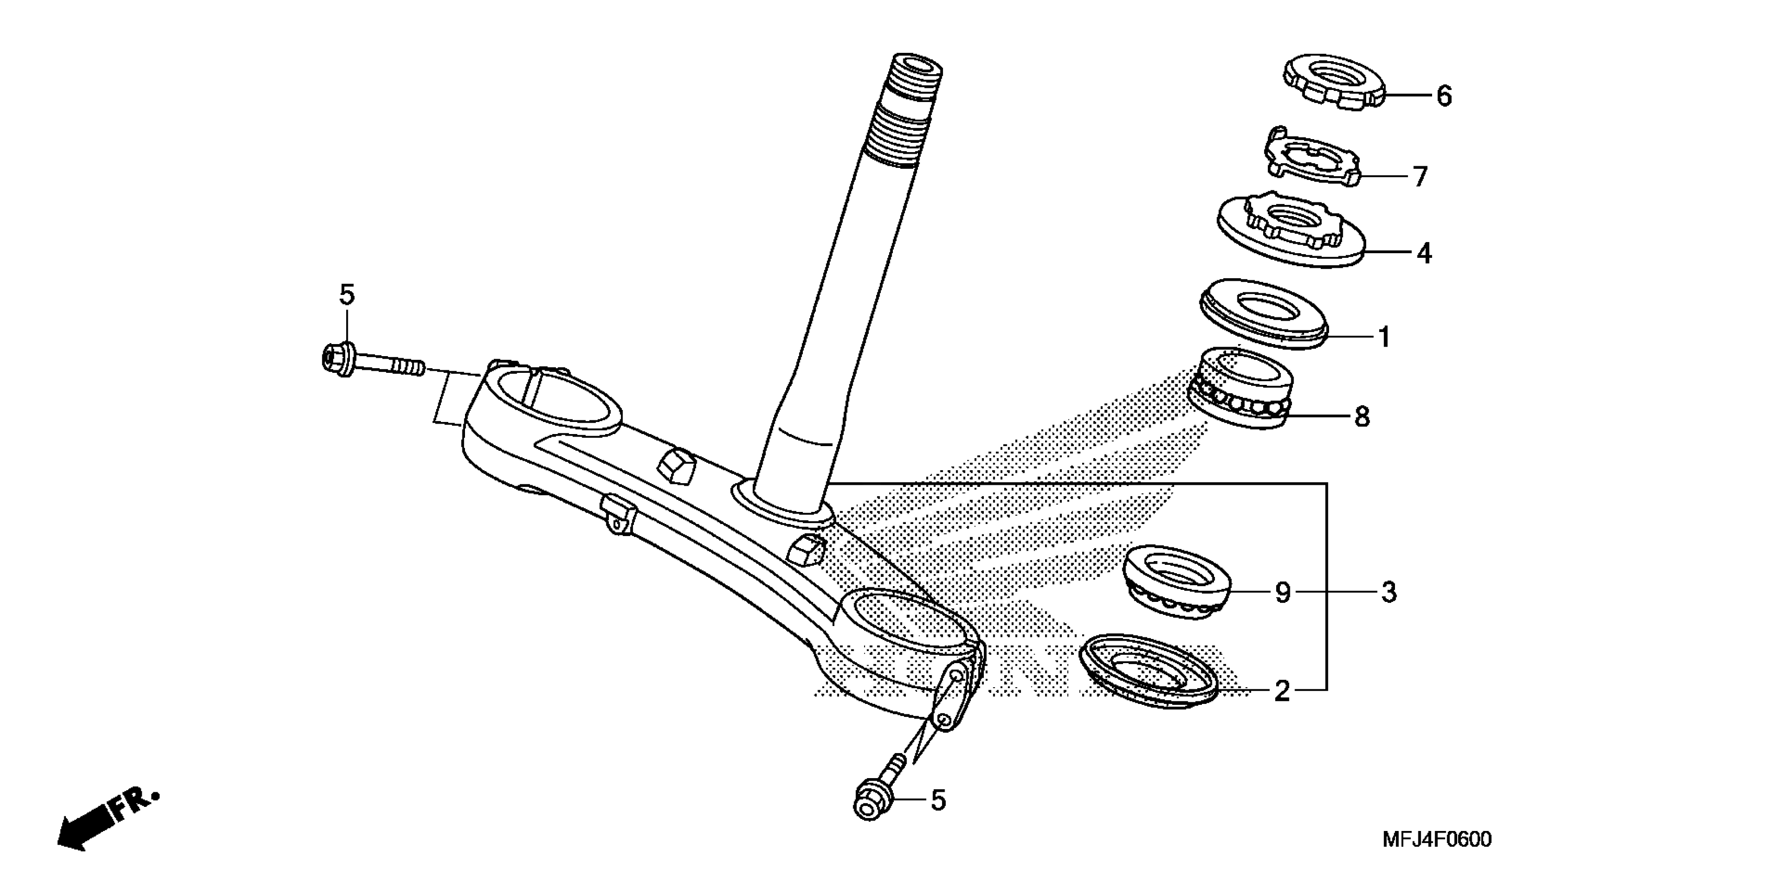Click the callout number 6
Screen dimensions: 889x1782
pos(1444,96)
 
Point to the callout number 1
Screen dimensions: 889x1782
pos(1384,338)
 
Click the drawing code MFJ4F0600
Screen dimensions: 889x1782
pos(1437,839)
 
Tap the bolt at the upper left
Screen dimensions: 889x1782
pos(370,362)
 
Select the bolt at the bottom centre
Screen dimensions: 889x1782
pos(879,793)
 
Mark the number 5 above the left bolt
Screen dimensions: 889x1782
pos(347,295)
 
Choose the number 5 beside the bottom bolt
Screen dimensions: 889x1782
pos(937,801)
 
